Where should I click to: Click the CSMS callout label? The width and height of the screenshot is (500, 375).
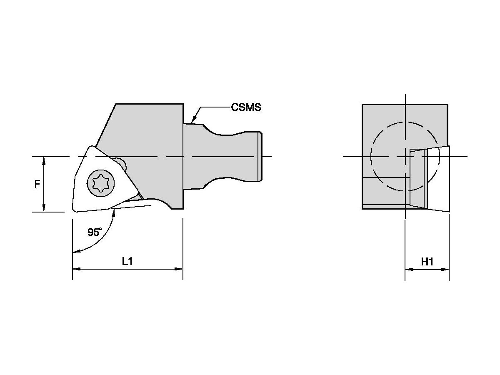click(246, 107)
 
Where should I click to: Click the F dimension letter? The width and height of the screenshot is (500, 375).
click(37, 184)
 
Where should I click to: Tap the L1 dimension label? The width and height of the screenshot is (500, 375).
click(127, 261)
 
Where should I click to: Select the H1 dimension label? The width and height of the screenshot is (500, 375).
click(427, 261)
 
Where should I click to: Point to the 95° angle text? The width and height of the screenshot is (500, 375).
click(95, 232)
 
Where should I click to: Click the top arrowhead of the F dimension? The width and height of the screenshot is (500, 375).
click(44, 160)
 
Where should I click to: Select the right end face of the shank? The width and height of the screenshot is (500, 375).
click(260, 156)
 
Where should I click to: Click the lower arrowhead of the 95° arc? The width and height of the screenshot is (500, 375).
click(75, 251)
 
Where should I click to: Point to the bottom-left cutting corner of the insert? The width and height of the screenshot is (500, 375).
click(75, 210)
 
